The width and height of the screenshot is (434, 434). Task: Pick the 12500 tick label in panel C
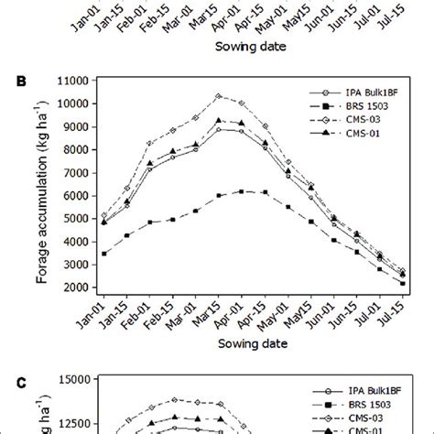point(73,423)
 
